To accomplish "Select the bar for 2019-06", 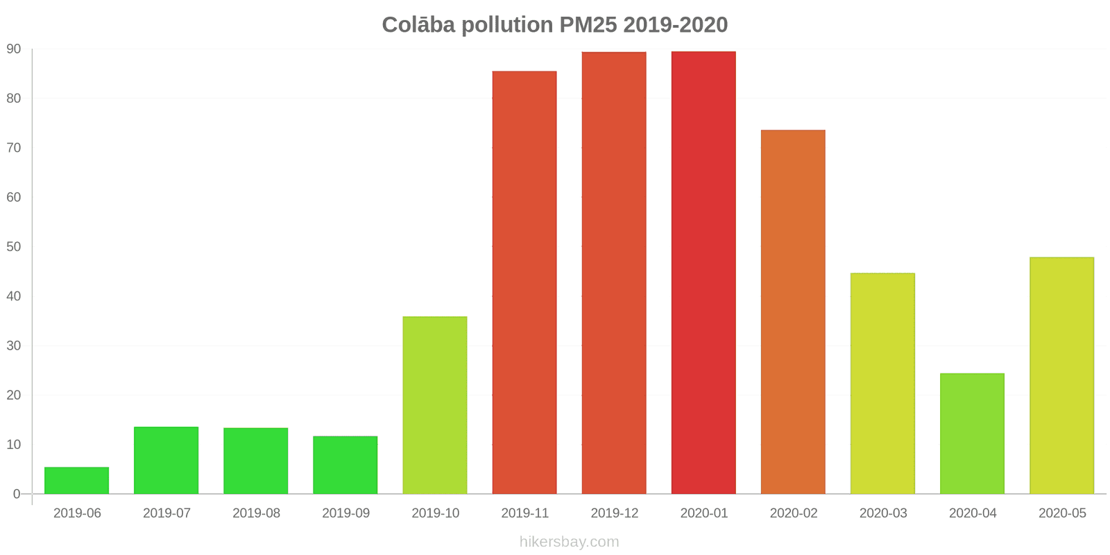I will pyautogui.click(x=76, y=481).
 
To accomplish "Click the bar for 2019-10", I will pyautogui.click(x=435, y=405).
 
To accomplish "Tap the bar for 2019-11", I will pyautogui.click(x=524, y=282).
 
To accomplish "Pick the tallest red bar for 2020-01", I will pyautogui.click(x=703, y=273).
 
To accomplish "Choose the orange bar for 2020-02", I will pyautogui.click(x=793, y=312).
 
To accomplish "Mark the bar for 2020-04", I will pyautogui.click(x=972, y=434).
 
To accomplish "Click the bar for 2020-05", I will pyautogui.click(x=1061, y=375).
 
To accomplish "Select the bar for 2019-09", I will pyautogui.click(x=345, y=465).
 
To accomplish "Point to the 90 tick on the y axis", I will pyautogui.click(x=14, y=49).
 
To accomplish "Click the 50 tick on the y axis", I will pyautogui.click(x=14, y=247).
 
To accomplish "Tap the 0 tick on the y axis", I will pyautogui.click(x=17, y=495).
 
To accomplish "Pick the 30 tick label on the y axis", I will pyautogui.click(x=14, y=345).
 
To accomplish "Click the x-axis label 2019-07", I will pyautogui.click(x=166, y=513).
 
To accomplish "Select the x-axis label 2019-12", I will pyautogui.click(x=614, y=513).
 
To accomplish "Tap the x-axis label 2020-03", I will pyautogui.click(x=883, y=513).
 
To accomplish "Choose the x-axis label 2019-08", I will pyautogui.click(x=256, y=513).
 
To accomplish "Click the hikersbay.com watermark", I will pyautogui.click(x=569, y=542).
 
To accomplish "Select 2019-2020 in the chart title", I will pyautogui.click(x=675, y=25).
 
